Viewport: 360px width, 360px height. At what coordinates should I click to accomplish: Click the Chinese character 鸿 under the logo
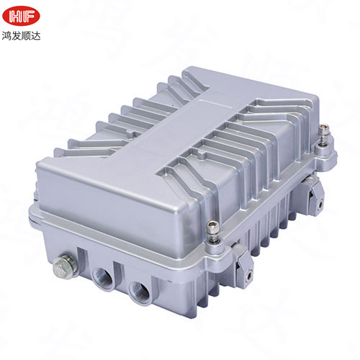8,33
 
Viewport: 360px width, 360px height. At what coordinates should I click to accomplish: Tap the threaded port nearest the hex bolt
101,276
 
